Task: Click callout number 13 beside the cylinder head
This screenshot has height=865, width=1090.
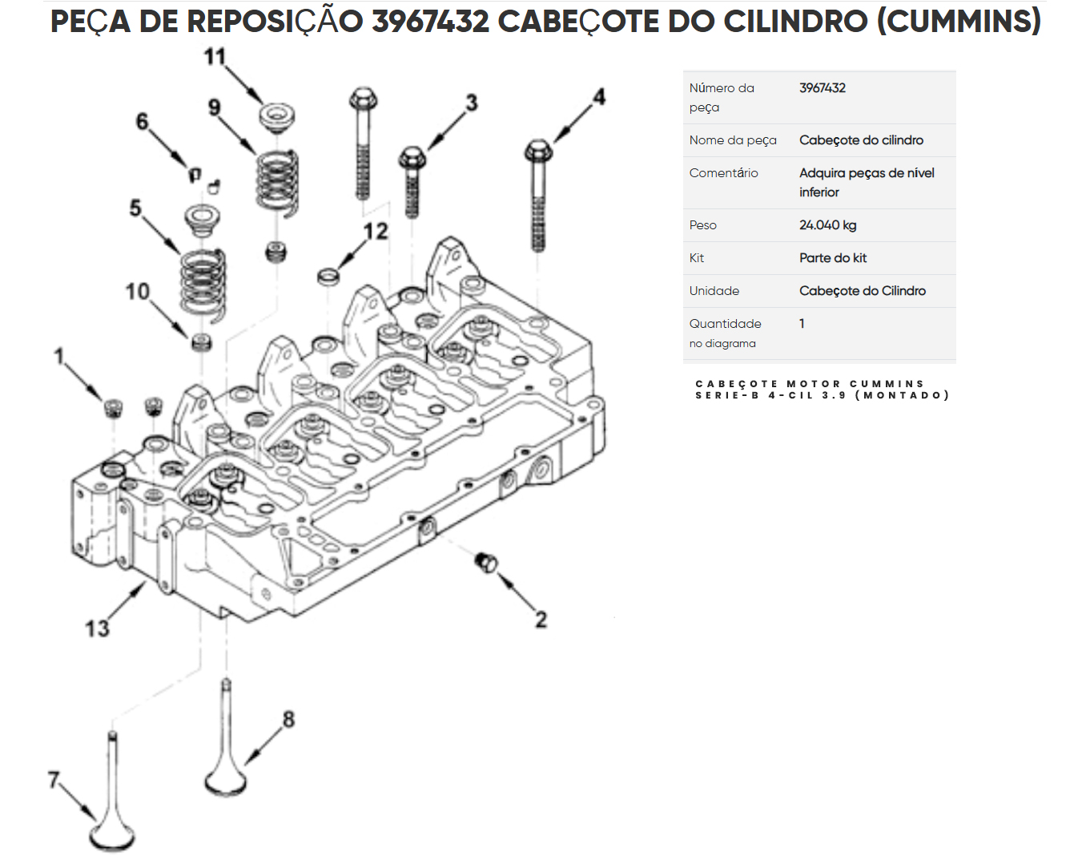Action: pos(97,629)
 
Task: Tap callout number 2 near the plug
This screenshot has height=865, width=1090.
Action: pos(541,619)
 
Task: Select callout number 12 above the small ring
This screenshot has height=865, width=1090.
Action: pos(375,232)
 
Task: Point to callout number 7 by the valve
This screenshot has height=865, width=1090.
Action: pos(54,779)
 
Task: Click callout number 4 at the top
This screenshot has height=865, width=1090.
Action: pos(598,97)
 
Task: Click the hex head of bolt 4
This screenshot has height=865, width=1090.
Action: pos(537,151)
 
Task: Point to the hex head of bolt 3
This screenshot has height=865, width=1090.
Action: pos(412,157)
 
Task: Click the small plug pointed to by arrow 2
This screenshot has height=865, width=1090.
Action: pos(485,562)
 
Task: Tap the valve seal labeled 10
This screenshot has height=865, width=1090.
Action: pos(202,343)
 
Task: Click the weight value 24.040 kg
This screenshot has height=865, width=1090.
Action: pos(827,225)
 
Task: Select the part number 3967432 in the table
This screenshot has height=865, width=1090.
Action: pos(822,88)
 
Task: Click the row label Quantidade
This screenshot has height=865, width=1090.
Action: pos(725,324)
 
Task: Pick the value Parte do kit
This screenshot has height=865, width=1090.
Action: pos(832,258)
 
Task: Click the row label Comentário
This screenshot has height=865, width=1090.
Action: pos(723,173)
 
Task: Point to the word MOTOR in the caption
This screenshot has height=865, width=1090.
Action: pos(814,384)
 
